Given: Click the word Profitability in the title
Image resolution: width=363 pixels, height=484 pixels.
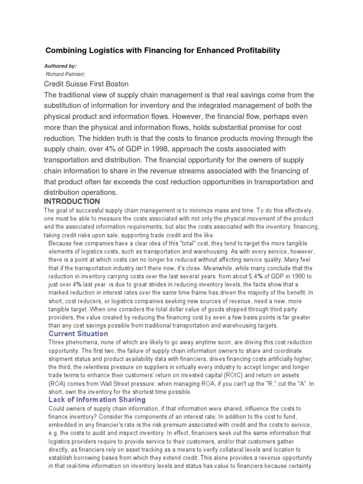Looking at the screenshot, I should coord(255,50).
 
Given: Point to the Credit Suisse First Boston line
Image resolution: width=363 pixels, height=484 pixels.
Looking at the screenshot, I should coord(86,84).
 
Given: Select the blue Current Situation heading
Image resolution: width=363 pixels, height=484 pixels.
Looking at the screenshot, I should coord(78,334).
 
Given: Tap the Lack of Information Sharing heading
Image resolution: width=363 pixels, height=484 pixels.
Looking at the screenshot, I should coord(97,400).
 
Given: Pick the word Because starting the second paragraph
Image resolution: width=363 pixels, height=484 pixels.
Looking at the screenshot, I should coord(61,243).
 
